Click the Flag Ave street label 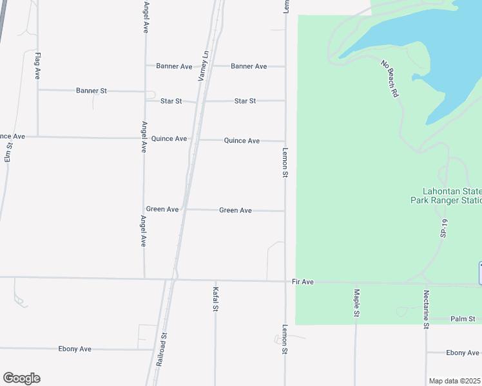[38, 66]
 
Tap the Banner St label [91, 91]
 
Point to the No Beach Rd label [390, 78]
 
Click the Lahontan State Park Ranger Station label [447, 196]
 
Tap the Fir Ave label [302, 282]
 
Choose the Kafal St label [216, 299]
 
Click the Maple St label [356, 302]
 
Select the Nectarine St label [426, 308]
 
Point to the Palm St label [462, 318]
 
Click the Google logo [21, 378]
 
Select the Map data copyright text [454, 381]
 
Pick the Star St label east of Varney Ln [245, 101]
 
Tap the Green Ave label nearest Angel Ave [162, 209]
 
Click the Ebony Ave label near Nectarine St [462, 353]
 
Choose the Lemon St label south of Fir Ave [284, 339]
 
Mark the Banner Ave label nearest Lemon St [249, 66]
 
